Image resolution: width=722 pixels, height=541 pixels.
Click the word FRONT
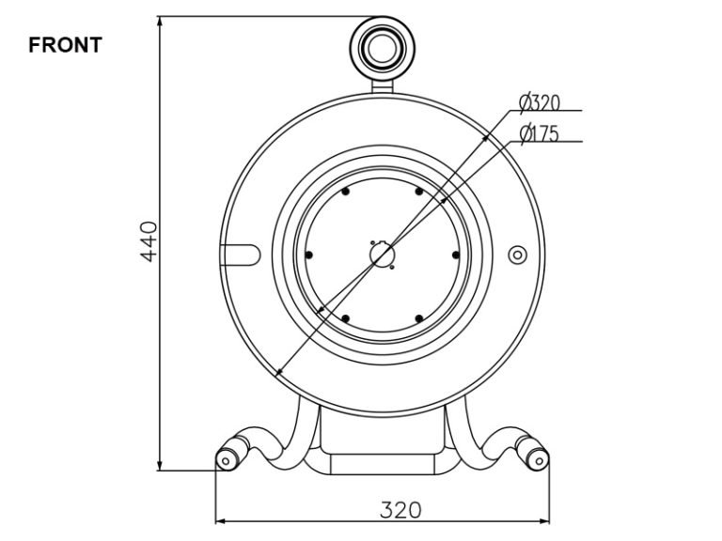65,45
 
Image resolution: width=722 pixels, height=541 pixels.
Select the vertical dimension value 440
148,241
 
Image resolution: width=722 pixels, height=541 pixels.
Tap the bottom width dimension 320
400,510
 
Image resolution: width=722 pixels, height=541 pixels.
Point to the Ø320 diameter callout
540,101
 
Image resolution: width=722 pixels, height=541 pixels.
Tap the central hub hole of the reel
382,255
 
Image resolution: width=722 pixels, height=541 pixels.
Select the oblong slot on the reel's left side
240,254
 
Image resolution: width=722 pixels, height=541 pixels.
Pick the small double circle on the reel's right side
516,255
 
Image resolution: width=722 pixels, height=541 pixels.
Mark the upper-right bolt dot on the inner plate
418,192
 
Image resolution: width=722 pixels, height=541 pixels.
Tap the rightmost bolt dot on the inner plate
455,255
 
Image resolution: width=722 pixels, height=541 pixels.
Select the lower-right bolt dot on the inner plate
418,318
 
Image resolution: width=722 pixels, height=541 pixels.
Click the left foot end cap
227,459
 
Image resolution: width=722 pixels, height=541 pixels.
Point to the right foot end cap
538,459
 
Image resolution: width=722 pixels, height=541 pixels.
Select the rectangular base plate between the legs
382,463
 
